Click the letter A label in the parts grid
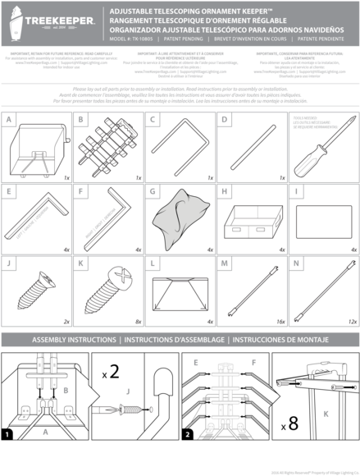click(9, 120)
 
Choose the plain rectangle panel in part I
click(322, 220)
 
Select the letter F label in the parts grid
click(80, 192)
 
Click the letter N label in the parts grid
click(298, 264)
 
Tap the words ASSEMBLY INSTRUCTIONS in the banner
click(75, 339)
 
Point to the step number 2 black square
click(189, 433)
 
